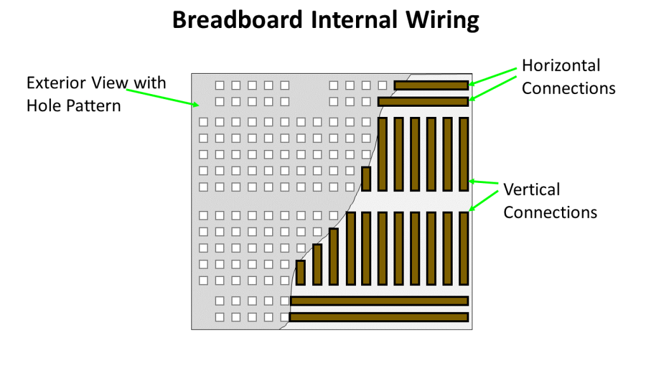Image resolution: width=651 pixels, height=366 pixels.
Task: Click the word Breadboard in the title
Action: pos(238,20)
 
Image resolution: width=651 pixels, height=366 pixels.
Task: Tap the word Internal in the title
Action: pos(354,20)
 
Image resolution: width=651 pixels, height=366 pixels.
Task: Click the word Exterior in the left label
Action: pos(57,83)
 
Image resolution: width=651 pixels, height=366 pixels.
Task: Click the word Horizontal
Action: pos(561,65)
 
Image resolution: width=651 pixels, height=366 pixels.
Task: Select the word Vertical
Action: pos(532,189)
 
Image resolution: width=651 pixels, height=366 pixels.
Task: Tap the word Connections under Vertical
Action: pos(550,212)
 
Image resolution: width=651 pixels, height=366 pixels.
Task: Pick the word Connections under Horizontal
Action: pos(568,88)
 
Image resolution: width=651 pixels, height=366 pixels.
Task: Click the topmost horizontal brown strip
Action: pos(432,86)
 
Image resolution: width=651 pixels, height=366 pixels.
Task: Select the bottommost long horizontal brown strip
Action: pos(379,318)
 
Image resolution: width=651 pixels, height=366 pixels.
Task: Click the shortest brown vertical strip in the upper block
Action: pos(366,179)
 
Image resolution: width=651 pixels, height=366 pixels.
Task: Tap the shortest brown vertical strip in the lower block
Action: pos(301,273)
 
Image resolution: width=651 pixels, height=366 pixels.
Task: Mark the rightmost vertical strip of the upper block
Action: pos(463,154)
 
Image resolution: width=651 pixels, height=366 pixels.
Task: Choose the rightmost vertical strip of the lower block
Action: pos(463,248)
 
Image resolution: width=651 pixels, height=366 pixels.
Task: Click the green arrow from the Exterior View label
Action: pos(163,97)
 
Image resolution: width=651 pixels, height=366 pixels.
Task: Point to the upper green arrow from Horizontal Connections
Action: pos(493,76)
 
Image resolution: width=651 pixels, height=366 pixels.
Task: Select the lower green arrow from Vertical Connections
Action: pos(483,201)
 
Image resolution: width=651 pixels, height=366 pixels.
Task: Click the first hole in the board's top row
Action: pos(219,86)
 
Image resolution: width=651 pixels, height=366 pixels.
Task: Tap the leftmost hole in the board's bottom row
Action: pos(219,318)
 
